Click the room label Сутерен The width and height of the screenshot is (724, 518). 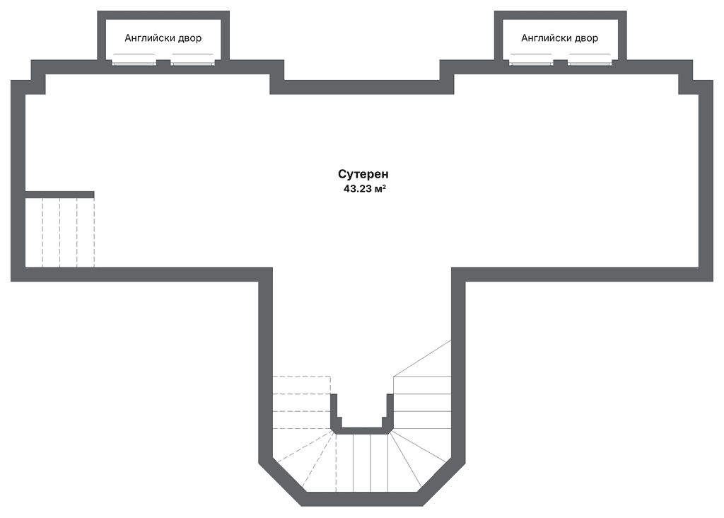pyautogui.click(x=363, y=174)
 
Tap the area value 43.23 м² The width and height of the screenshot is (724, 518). pyautogui.click(x=363, y=189)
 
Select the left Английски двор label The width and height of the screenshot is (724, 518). pyautogui.click(x=163, y=38)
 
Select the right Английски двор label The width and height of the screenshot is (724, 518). pyautogui.click(x=559, y=38)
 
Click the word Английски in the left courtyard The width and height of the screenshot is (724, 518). pyautogui.click(x=149, y=38)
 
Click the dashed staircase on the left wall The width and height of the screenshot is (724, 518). pyautogui.click(x=59, y=232)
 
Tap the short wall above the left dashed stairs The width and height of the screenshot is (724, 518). pyautogui.click(x=59, y=194)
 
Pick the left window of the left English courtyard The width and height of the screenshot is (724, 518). pyautogui.click(x=134, y=62)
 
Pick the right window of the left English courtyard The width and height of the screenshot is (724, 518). pyautogui.click(x=192, y=62)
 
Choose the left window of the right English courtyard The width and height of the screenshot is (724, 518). pyautogui.click(x=531, y=62)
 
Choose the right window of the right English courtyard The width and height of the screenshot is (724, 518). pyautogui.click(x=590, y=62)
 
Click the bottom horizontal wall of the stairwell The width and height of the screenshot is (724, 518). pyautogui.click(x=362, y=499)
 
